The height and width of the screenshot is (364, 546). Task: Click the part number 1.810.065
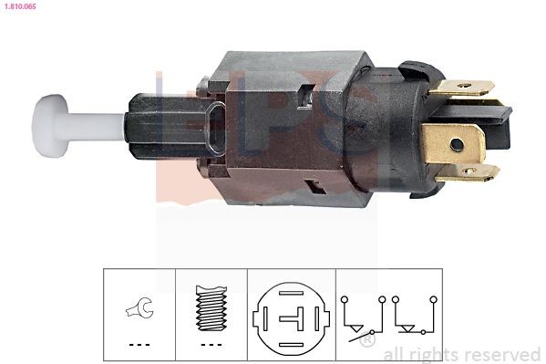point(20,6)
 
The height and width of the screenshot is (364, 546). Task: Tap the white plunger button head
point(49,126)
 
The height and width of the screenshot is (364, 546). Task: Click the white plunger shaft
point(95,126)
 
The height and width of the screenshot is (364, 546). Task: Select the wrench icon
point(139,307)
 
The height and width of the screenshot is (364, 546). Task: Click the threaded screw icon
point(211,307)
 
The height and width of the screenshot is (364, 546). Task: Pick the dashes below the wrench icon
point(139,345)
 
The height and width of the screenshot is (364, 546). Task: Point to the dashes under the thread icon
point(211,345)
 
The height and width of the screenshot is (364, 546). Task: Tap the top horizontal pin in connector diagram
point(291,293)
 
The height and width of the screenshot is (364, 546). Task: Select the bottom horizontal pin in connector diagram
point(291,345)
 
